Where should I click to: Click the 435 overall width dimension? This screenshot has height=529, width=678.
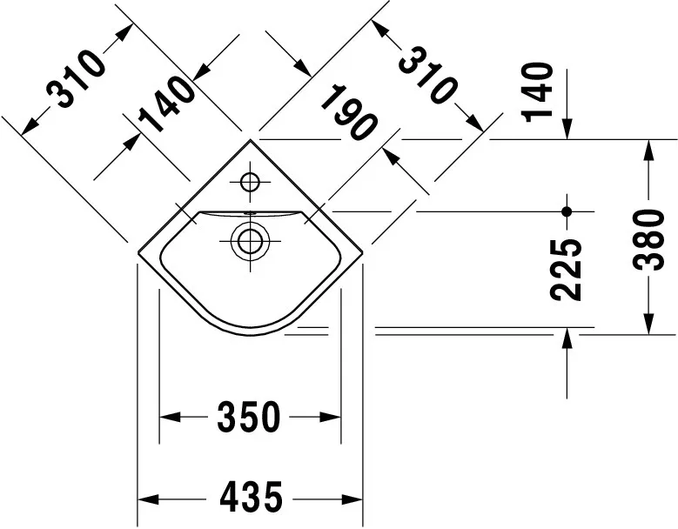251,499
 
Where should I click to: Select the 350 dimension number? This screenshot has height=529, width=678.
249,417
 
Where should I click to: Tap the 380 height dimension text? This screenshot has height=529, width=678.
648,240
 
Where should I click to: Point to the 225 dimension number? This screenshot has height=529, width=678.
566,270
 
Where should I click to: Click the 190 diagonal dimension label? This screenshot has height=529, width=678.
348,112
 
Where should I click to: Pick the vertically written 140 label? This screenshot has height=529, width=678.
538,92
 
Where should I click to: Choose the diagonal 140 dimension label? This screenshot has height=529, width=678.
167,104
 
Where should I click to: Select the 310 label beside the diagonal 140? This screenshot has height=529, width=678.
76,78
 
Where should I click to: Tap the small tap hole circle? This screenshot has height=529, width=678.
250,182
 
